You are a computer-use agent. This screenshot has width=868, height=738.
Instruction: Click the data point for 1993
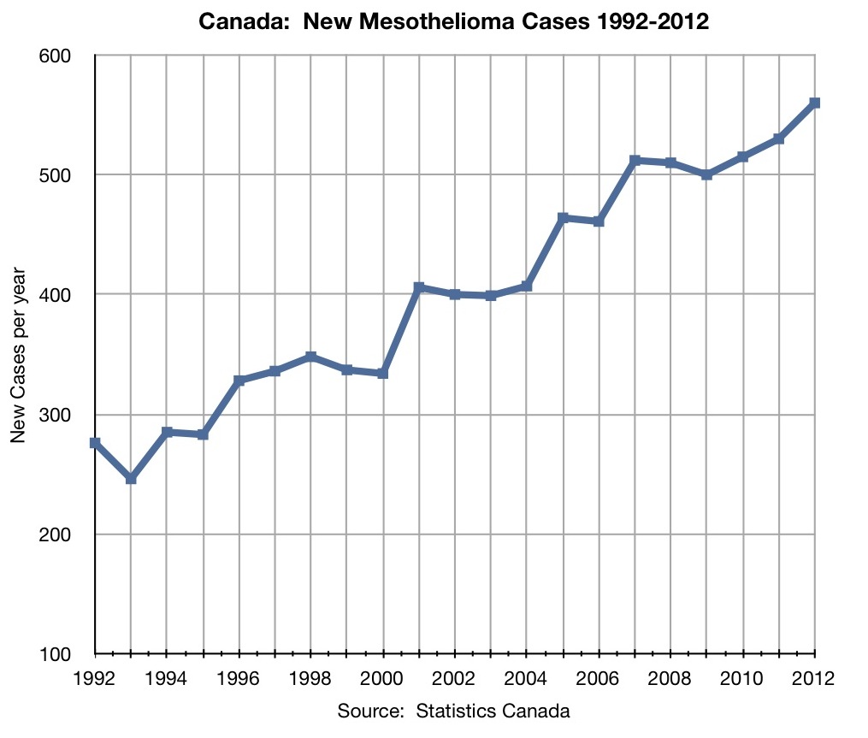[131, 479]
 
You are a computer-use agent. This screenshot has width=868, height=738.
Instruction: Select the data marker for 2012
[815, 103]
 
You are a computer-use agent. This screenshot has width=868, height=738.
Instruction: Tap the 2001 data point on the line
[419, 287]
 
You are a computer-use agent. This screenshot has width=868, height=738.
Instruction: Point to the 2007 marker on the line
[635, 161]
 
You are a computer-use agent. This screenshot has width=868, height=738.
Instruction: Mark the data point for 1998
[311, 357]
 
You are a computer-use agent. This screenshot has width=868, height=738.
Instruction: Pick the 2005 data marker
[563, 218]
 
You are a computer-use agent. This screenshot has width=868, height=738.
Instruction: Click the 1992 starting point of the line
[95, 443]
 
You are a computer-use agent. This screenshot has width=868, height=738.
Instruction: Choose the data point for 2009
[707, 174]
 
